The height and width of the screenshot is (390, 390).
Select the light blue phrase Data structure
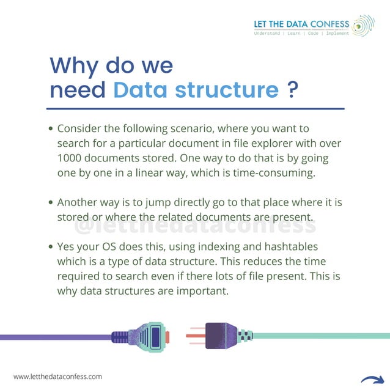click(196, 90)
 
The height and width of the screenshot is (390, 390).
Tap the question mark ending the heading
click(292, 90)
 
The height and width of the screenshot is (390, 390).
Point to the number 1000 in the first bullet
click(70, 158)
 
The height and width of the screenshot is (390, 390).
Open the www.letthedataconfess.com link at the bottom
click(57, 377)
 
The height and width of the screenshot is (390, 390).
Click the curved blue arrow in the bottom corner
click(372, 378)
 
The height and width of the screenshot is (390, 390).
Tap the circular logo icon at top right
click(363, 26)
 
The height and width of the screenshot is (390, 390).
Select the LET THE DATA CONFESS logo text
click(301, 24)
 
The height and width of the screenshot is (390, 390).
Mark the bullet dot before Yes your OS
click(51, 247)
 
